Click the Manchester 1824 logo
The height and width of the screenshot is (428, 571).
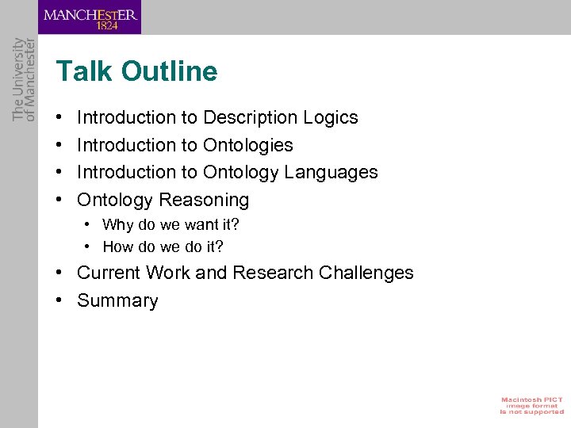90,17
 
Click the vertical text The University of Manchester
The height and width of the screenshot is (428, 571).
25,79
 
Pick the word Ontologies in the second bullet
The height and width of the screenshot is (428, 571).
247,145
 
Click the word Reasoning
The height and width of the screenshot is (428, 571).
204,200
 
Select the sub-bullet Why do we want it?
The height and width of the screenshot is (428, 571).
171,225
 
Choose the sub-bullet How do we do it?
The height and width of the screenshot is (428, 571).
163,247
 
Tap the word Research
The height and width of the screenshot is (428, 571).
272,273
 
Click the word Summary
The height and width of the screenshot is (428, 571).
117,300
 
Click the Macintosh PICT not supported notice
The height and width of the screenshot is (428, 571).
531,405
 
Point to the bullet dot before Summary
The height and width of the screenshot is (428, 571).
60,300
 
